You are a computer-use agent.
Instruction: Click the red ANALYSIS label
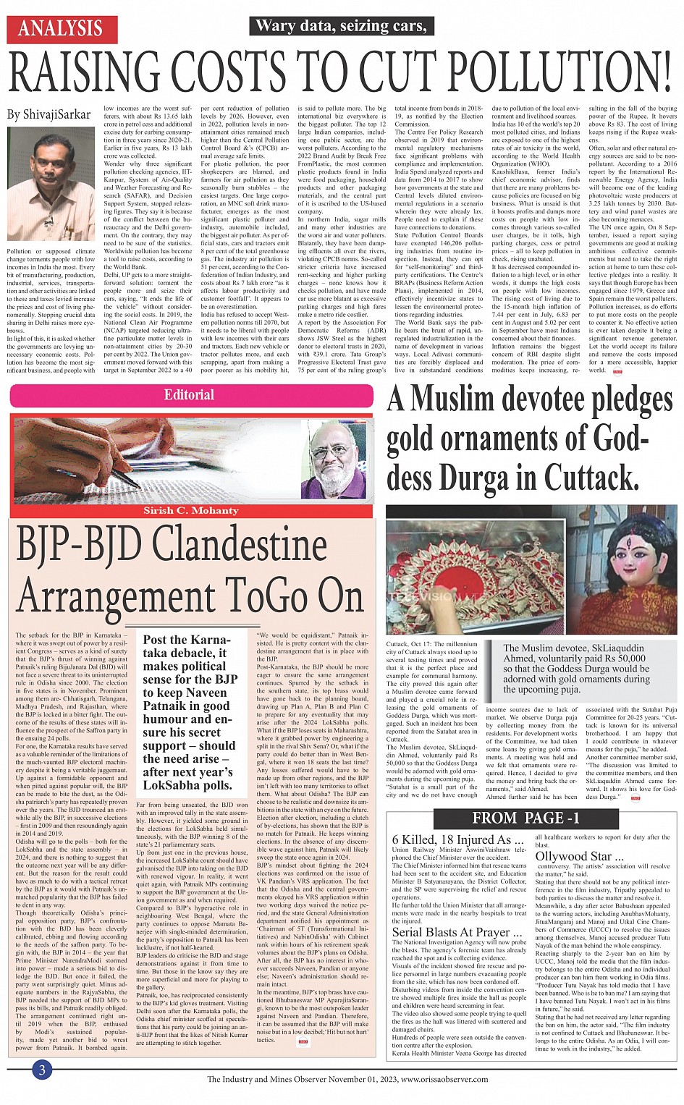(x=61, y=28)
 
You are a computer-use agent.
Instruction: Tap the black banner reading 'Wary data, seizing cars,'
(x=341, y=26)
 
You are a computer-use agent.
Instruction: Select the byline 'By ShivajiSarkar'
(x=49, y=114)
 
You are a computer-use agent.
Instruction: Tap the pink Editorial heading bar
(x=190, y=395)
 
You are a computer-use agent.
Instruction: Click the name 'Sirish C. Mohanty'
(x=190, y=510)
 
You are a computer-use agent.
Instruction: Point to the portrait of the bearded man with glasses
(x=334, y=460)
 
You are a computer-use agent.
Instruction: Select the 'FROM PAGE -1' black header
(x=525, y=818)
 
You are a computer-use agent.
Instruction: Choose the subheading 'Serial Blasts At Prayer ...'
(x=457, y=932)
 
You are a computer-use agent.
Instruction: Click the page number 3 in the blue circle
(x=43, y=1070)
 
